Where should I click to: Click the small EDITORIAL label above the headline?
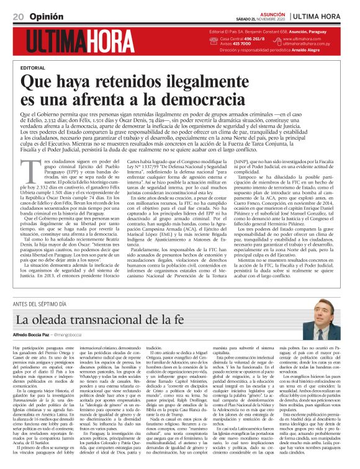(33, 67)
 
